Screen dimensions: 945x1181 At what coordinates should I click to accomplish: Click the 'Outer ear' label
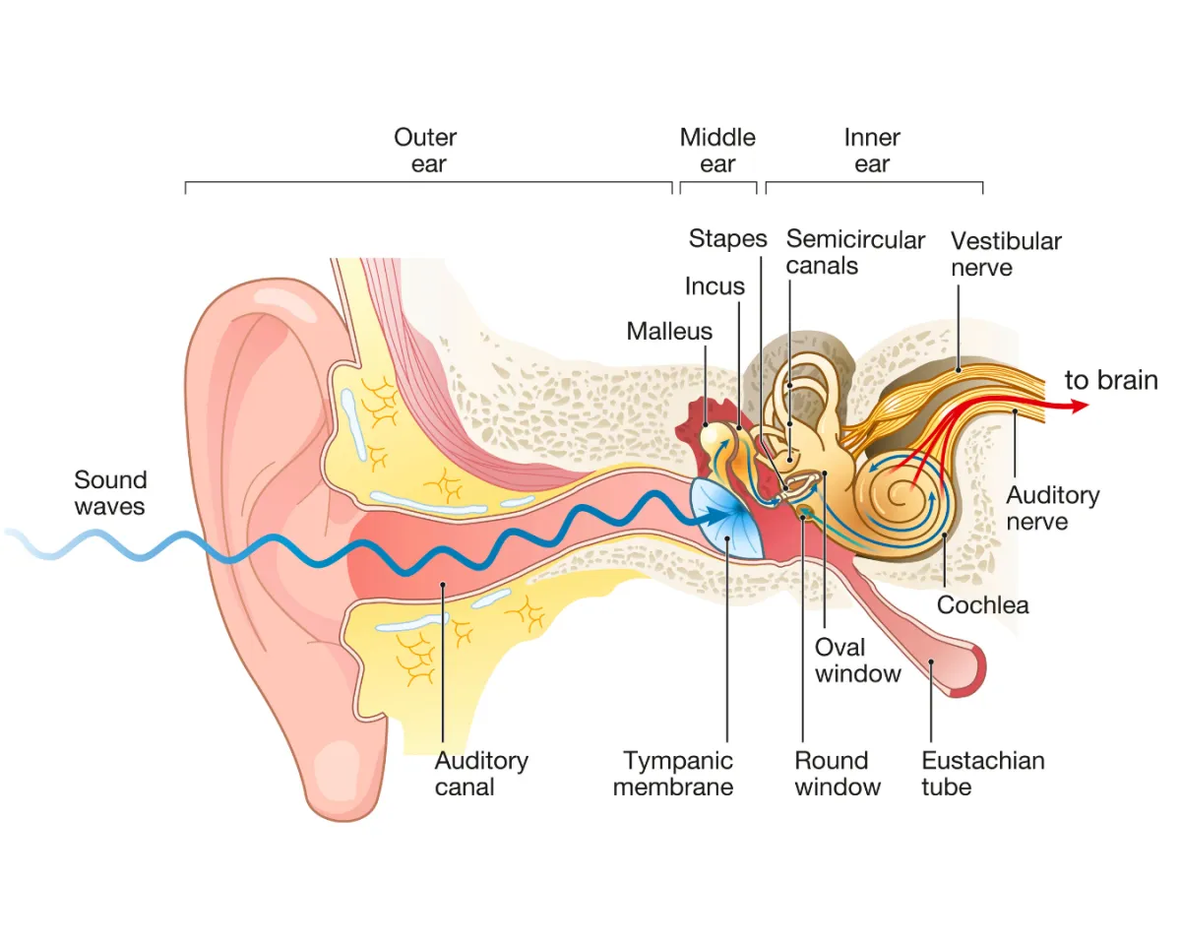click(425, 151)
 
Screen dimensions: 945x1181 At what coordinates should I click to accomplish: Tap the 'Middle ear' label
click(717, 151)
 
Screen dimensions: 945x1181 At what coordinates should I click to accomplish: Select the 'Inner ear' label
click(872, 151)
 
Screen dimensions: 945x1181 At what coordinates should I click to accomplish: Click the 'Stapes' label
click(727, 238)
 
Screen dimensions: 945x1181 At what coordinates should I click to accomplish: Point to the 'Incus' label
click(715, 286)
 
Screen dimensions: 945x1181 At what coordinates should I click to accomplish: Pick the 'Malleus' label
click(669, 331)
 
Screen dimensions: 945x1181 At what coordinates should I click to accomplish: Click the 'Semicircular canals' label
click(855, 252)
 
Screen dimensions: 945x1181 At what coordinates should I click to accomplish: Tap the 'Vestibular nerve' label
click(1006, 254)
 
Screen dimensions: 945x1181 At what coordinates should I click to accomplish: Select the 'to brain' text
click(1111, 381)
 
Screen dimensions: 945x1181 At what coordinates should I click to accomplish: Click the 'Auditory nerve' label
click(1052, 507)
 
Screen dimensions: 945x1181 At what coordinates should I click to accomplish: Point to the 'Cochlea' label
click(982, 604)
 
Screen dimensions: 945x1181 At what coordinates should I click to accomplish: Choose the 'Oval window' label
click(857, 661)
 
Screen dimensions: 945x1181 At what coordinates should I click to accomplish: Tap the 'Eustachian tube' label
click(982, 774)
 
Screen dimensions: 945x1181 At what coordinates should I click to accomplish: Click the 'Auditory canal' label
click(481, 774)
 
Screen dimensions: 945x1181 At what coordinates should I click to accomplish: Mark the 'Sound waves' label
click(110, 493)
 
